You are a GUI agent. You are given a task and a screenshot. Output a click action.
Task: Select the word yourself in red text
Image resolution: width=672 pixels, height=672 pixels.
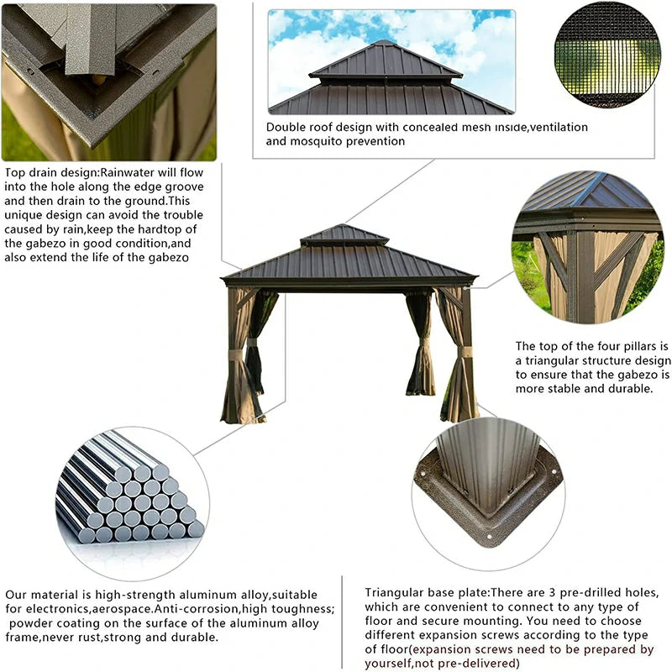391,664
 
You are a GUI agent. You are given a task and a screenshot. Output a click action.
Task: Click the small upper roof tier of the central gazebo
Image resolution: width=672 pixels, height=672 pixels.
344,235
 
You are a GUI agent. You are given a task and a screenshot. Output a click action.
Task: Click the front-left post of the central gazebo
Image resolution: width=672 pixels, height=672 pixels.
231,353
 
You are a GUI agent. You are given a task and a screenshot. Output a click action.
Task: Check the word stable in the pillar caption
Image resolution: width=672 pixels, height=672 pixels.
571,390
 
